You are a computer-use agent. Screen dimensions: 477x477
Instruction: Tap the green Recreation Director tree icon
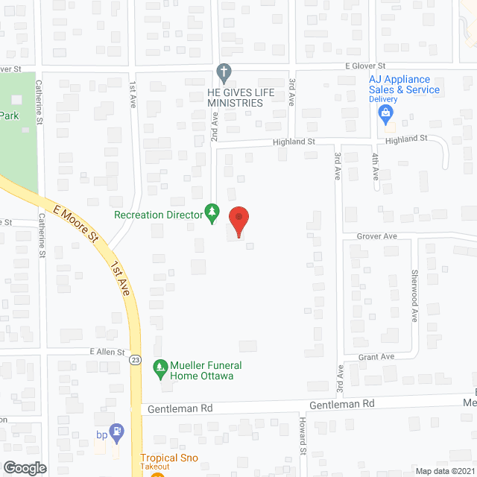coord(212,214)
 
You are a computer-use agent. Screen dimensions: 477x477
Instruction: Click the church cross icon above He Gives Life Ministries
coord(223,72)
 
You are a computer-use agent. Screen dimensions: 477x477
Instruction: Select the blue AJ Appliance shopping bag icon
coord(385,115)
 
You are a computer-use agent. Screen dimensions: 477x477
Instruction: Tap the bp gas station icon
coord(116,431)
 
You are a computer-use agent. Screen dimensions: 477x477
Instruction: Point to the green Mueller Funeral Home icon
coord(159,367)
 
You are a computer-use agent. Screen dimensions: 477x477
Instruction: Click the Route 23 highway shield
coord(134,360)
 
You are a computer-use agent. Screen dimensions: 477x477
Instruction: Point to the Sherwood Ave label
coord(415,295)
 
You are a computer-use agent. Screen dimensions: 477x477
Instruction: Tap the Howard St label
coord(303,436)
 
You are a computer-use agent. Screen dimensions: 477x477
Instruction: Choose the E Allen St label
coord(107,352)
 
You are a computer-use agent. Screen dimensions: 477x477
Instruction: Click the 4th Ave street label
coord(376,166)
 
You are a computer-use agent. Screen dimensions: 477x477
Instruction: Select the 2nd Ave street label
coord(213,127)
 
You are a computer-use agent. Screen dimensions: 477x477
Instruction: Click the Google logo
coord(25,467)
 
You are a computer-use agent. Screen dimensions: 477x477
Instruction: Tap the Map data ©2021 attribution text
coord(444,471)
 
